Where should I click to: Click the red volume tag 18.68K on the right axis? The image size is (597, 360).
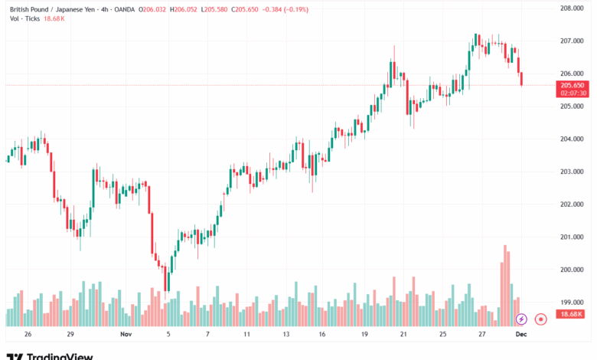(572, 314)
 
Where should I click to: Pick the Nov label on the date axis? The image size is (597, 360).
(126, 335)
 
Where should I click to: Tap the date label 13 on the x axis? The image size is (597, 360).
(285, 335)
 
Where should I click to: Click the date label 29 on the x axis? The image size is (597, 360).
(70, 335)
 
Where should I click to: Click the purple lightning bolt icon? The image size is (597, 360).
(521, 319)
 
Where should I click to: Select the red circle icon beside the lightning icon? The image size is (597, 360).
(540, 319)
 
